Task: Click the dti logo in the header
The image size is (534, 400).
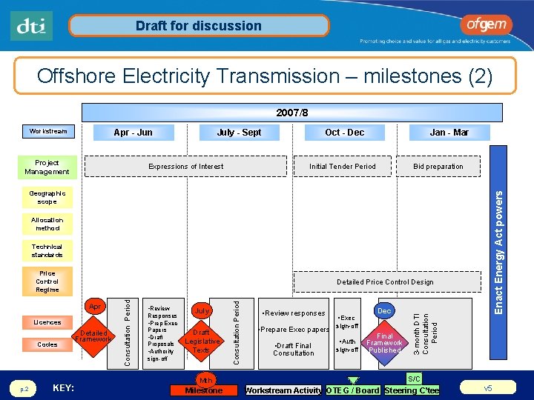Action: click(32, 26)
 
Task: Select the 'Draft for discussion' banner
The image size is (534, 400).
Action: click(198, 26)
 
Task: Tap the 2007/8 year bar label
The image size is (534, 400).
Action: click(291, 113)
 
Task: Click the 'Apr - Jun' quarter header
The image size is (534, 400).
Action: click(133, 133)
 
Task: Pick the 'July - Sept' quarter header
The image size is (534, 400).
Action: click(239, 133)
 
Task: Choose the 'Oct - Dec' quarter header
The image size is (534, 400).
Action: click(344, 133)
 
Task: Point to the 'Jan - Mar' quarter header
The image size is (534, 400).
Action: click(449, 133)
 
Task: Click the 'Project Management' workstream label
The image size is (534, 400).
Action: click(47, 167)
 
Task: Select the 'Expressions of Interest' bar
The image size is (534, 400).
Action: click(186, 167)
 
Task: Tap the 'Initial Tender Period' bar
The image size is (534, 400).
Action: click(343, 167)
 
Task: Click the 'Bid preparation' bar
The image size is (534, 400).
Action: click(438, 167)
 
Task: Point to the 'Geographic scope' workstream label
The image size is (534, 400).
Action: click(47, 197)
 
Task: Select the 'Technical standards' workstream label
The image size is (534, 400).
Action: click(47, 250)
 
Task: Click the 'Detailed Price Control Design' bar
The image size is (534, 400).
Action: click(385, 282)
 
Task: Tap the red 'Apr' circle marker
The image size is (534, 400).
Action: click(95, 307)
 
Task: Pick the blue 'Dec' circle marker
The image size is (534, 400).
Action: click(384, 311)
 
